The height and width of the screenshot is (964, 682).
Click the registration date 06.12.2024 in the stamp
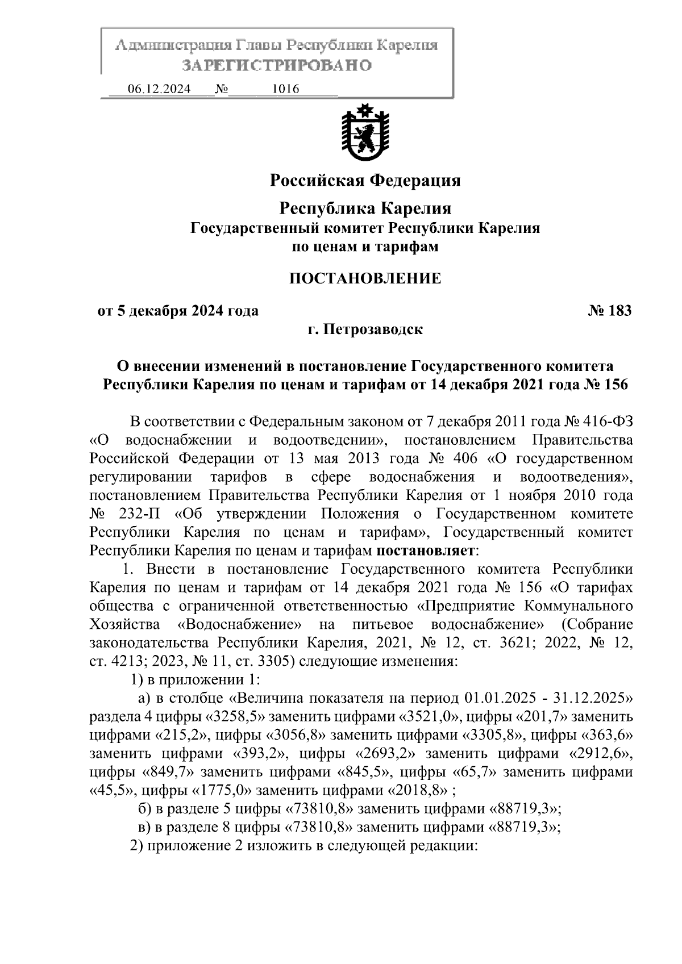tap(159, 89)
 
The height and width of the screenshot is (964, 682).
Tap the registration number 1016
tap(286, 89)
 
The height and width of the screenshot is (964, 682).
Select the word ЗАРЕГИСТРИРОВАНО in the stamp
tap(277, 65)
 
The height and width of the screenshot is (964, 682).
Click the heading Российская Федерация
tap(364, 181)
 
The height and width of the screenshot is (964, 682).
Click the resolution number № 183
tap(609, 311)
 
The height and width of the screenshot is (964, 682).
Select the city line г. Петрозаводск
tap(364, 329)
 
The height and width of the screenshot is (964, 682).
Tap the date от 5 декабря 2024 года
tap(178, 311)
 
